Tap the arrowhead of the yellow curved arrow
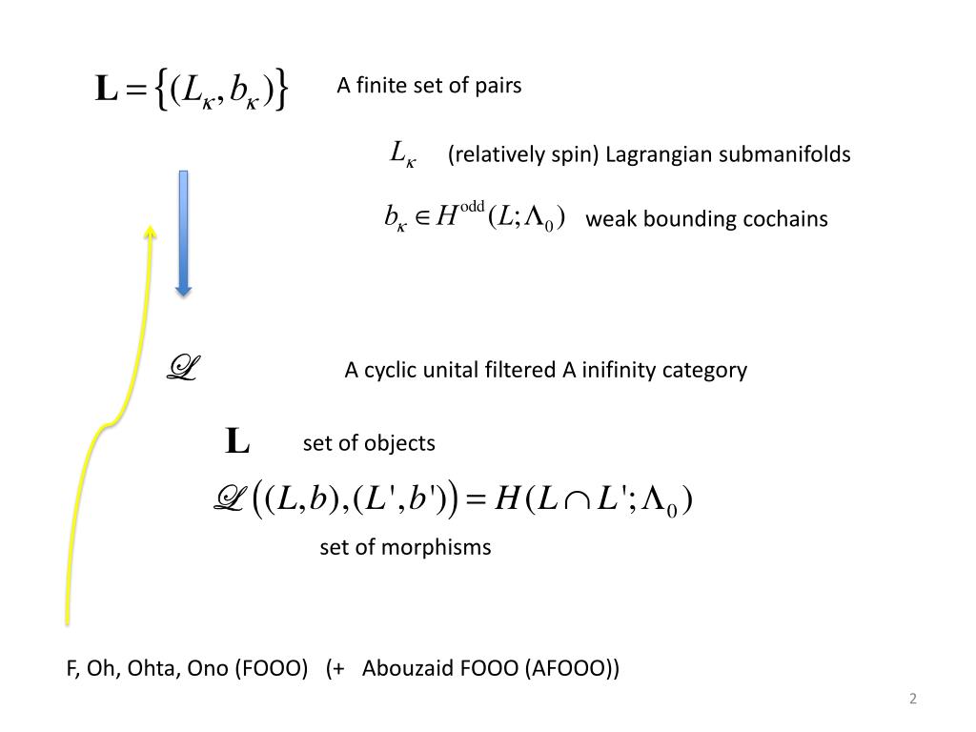click(x=151, y=232)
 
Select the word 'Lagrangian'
click(x=656, y=154)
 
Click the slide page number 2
click(x=913, y=700)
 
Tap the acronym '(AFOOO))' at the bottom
click(x=572, y=668)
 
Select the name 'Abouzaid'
click(x=408, y=668)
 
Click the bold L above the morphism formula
click(x=237, y=442)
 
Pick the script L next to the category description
click(x=181, y=368)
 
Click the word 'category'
click(x=705, y=370)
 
